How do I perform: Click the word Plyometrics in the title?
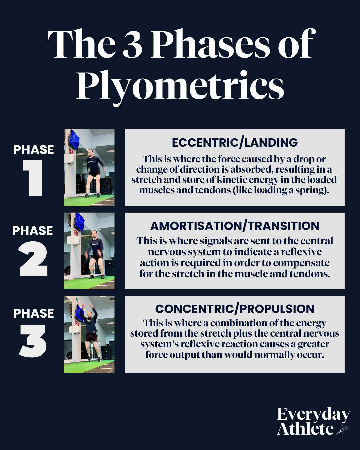pos(180,86)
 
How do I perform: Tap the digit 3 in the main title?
pos(133,44)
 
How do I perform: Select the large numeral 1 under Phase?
pos(33,178)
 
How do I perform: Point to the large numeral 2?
pos(33,259)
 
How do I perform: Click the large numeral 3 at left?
pos(33,341)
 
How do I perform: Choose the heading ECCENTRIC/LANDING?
pos(235,143)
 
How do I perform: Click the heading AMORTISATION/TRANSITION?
pos(235,226)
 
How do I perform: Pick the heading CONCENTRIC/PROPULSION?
pos(235,309)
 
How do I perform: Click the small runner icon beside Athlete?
pos(342,430)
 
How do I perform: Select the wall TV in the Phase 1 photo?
pos(74,140)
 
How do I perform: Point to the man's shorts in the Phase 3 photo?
pos(91,337)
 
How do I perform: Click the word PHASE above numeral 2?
pos(33,231)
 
